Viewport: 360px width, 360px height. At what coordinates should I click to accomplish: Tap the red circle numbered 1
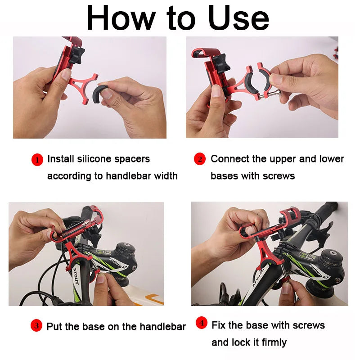pyautogui.click(x=37, y=159)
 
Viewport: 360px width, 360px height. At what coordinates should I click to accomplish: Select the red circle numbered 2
pyautogui.click(x=199, y=159)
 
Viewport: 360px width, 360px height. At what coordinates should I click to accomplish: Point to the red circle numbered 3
pyautogui.click(x=36, y=326)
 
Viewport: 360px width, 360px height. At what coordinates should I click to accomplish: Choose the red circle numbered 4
pyautogui.click(x=202, y=323)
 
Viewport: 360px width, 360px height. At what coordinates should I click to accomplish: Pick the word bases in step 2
pyautogui.click(x=224, y=175)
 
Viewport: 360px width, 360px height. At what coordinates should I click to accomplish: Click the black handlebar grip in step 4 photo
pyautogui.click(x=331, y=208)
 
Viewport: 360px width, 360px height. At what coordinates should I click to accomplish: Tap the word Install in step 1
pyautogui.click(x=60, y=159)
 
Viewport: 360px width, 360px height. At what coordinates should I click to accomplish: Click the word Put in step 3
pyautogui.click(x=55, y=327)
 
